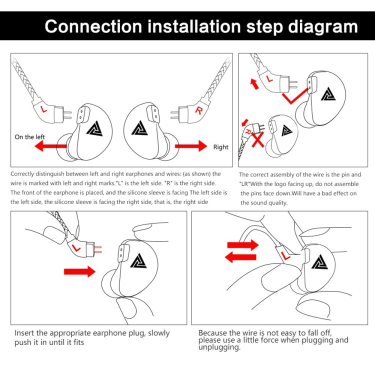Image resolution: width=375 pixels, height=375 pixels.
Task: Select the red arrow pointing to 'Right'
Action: pos(190,146)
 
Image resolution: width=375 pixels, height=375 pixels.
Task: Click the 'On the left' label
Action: pos(30,136)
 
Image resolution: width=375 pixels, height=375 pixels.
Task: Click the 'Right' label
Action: pos(221,147)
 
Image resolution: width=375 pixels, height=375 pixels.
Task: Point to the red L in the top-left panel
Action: pos(44,107)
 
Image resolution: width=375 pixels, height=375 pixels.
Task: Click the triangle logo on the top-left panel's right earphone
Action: pos(138,127)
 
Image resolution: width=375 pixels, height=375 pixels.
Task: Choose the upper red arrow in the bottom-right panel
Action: pos(242,245)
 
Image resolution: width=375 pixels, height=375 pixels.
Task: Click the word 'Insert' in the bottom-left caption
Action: pos(25,333)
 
